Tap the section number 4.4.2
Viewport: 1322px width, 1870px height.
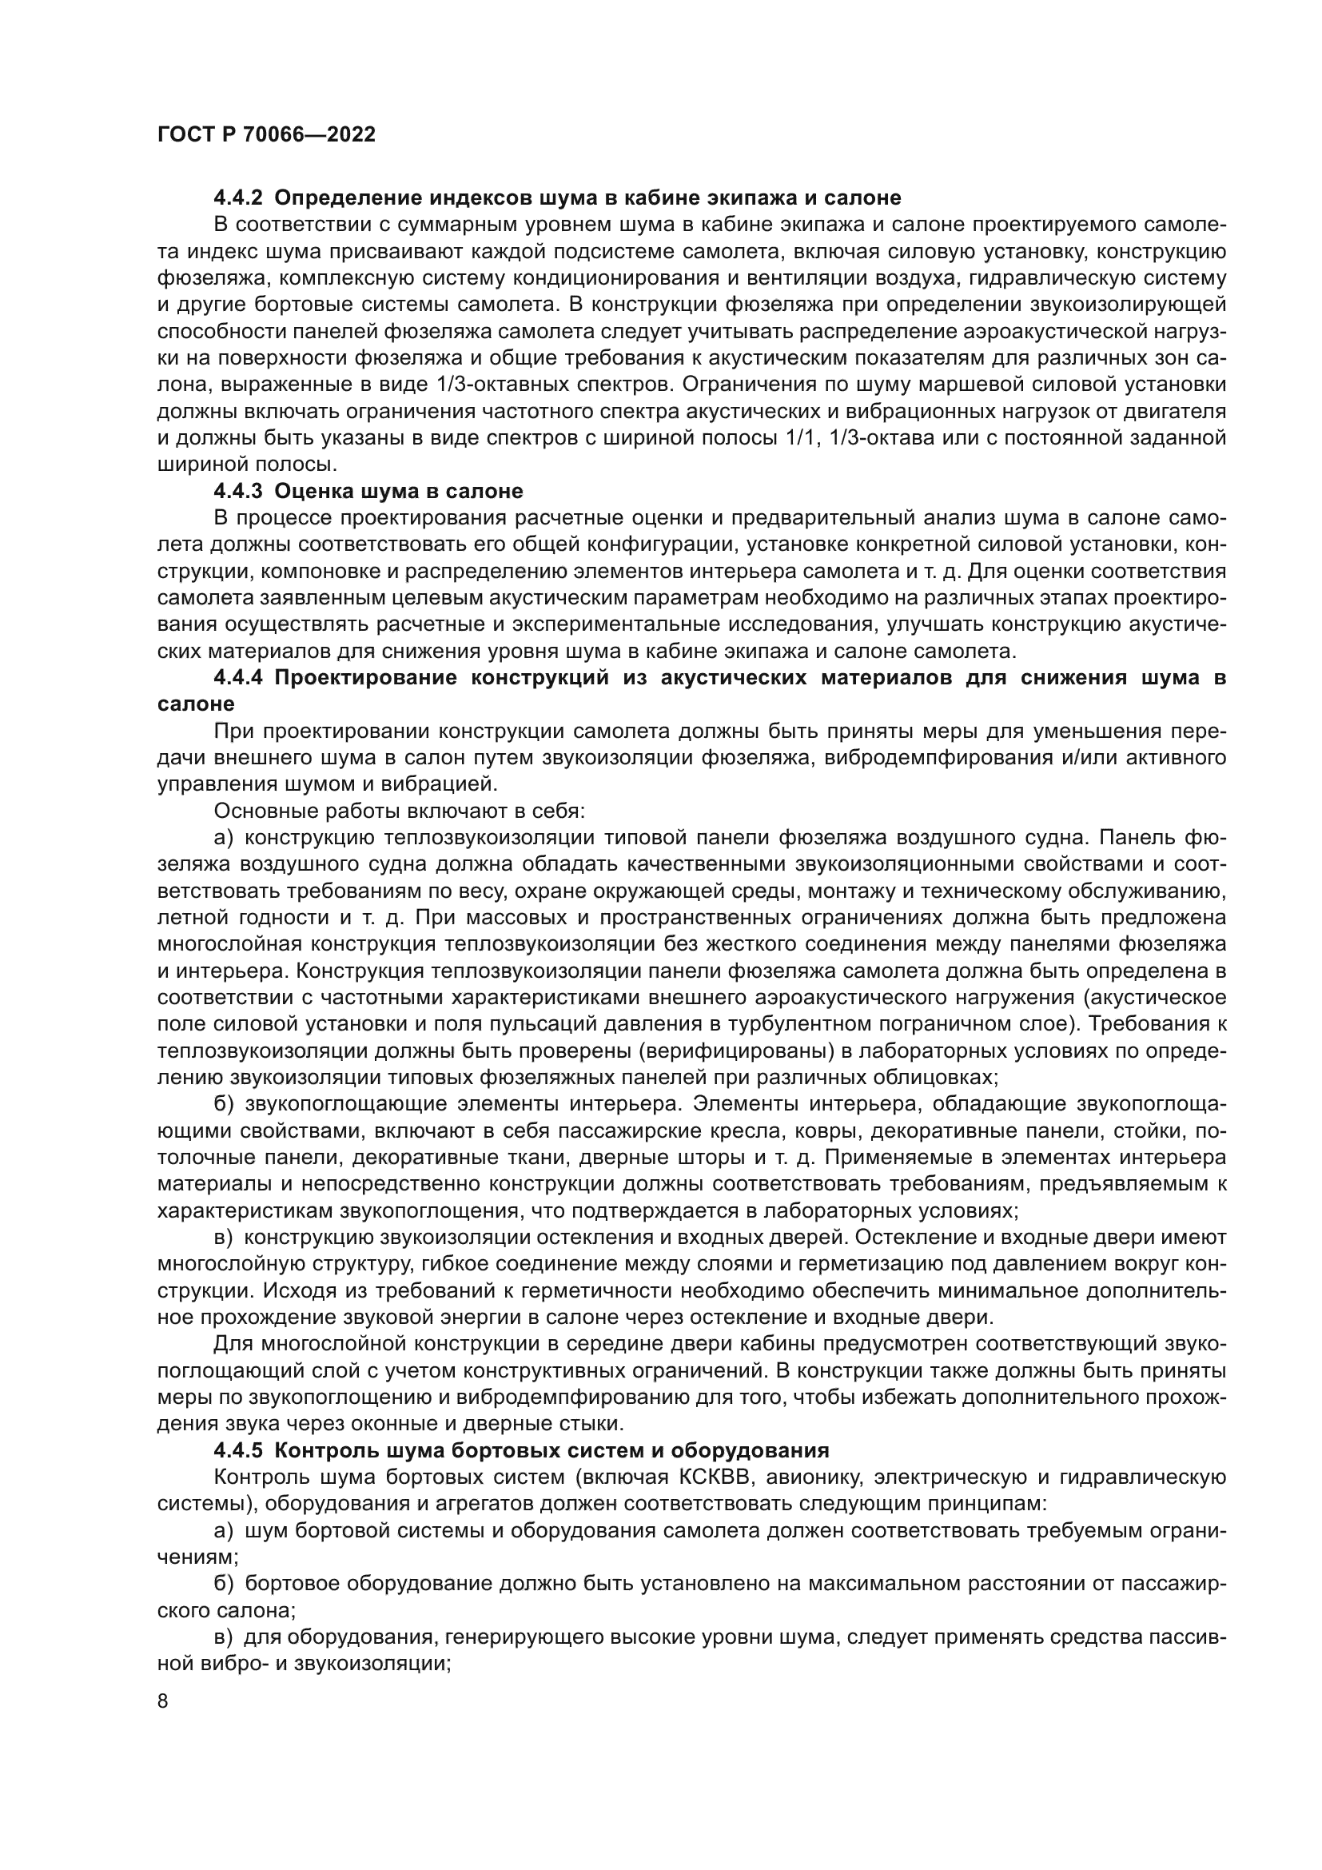(238, 198)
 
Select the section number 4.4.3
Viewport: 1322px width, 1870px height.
(238, 491)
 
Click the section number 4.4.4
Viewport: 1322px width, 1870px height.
(238, 678)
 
